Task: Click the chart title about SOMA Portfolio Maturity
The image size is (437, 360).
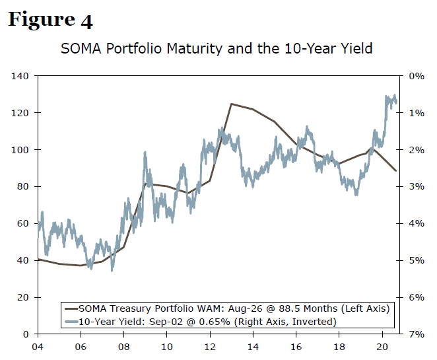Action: point(217,48)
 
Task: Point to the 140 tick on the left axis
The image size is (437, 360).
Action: point(20,76)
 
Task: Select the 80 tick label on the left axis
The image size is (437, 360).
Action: point(23,187)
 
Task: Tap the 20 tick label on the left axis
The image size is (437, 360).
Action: point(23,298)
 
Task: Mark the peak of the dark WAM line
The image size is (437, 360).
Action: point(231,104)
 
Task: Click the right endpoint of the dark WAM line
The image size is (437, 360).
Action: point(396,171)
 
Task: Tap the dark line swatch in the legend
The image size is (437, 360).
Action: point(70,308)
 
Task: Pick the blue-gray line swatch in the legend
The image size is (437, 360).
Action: point(70,322)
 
